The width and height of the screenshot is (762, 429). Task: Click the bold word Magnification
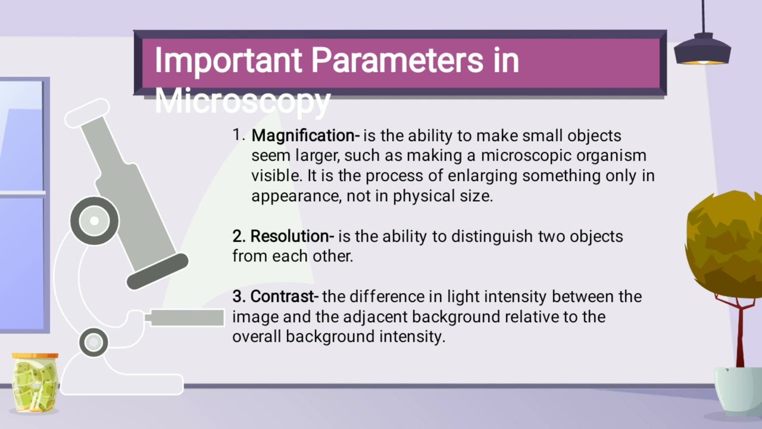click(303, 136)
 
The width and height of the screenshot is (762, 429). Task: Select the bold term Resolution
click(289, 237)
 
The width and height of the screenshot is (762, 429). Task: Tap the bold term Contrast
click(282, 297)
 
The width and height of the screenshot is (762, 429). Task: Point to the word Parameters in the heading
click(392, 61)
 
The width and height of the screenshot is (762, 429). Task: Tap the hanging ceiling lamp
click(702, 50)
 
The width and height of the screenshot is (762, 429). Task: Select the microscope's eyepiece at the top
click(87, 113)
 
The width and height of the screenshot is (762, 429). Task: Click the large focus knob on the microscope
click(94, 220)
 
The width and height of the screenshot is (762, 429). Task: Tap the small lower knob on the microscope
click(93, 342)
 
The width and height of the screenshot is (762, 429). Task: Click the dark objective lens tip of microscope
click(157, 271)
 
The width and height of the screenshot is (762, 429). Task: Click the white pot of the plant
click(738, 390)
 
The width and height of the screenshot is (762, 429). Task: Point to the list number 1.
click(238, 135)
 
